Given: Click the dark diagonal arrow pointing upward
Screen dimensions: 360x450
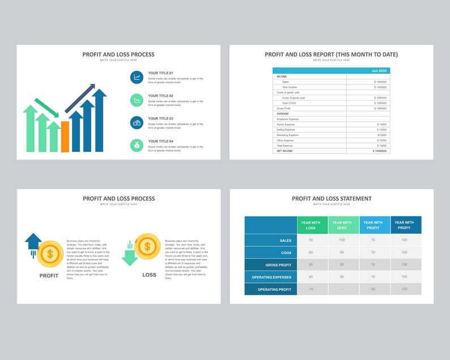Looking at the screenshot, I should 80,99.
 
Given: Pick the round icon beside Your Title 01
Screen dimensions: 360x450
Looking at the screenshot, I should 137,77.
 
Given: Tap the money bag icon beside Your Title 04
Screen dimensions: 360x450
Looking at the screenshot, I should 137,145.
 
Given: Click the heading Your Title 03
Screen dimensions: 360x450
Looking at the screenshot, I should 160,118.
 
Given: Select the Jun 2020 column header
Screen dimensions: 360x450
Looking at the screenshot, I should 379,71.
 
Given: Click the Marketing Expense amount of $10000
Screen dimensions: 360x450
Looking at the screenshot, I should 382,135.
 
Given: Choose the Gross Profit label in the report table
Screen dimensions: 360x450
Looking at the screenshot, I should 284,108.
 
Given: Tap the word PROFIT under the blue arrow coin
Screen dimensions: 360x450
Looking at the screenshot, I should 49,276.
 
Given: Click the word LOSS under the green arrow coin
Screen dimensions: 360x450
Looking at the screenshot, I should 149,275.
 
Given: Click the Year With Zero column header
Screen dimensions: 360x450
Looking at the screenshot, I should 342,225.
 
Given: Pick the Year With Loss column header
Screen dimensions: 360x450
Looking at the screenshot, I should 311,225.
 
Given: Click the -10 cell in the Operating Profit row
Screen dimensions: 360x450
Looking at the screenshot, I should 311,289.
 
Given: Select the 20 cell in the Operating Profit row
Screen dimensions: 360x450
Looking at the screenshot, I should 373,289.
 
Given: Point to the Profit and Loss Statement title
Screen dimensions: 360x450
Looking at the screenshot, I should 332,198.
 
